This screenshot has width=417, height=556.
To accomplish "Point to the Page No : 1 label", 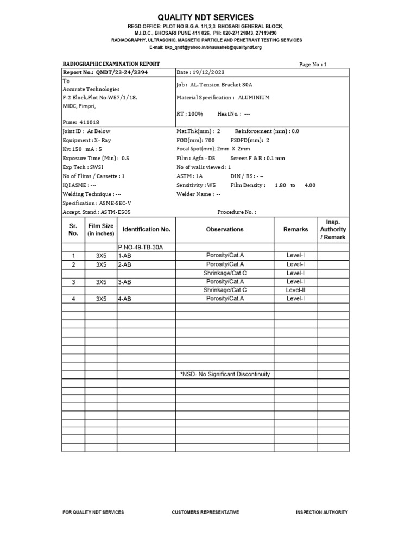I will point(313,64).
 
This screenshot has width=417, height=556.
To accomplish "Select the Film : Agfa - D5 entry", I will point(197,158).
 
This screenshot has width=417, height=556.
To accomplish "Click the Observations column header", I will point(225,229).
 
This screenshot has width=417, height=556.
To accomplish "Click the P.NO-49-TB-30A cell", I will point(140,247).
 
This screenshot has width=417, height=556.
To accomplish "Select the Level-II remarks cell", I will point(295,290).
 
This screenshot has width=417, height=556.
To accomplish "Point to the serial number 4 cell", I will point(73,299).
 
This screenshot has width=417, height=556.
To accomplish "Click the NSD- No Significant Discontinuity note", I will point(225,375).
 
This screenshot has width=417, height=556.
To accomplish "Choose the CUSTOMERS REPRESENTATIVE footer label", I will point(205,512).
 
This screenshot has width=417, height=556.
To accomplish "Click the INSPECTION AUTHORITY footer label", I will point(321,512).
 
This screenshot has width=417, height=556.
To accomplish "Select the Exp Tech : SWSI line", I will point(83,167).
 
